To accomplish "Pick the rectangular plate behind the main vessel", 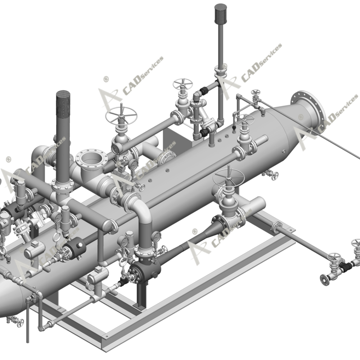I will (x=169, y=139).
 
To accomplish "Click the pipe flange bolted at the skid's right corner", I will (x=277, y=227).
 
